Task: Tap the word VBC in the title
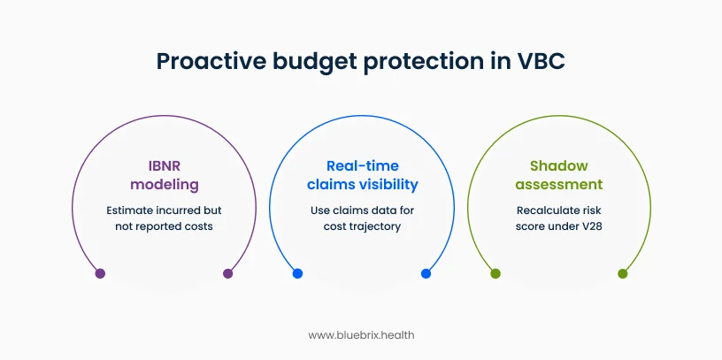541,61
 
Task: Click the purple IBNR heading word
164,165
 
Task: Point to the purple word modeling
164,184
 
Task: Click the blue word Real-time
362,165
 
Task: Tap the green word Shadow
558,165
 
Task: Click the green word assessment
558,184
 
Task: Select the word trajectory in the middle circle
377,226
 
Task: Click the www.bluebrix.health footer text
361,335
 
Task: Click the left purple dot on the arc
100,273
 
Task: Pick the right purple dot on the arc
227,273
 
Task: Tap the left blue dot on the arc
297,273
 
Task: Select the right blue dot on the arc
426,273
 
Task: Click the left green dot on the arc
495,273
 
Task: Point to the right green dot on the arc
623,273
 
